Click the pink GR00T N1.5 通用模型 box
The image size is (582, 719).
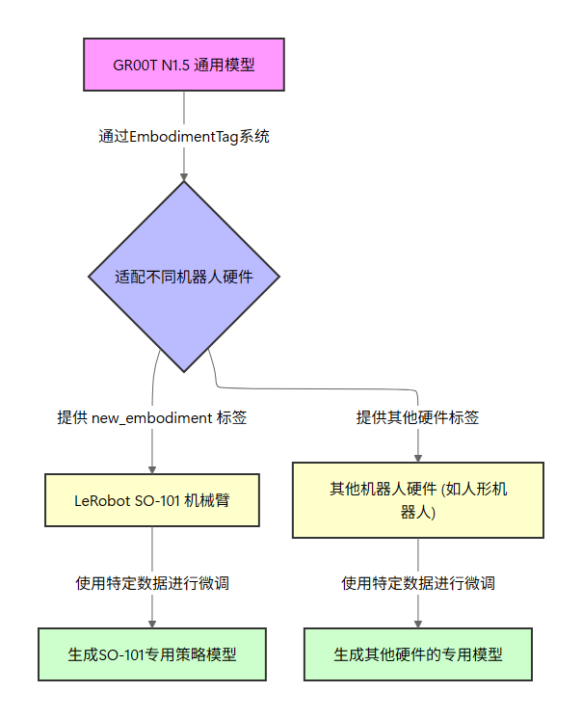183,65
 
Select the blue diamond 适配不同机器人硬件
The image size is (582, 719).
183,277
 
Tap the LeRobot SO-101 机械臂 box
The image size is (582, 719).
152,500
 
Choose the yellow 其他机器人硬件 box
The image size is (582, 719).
418,500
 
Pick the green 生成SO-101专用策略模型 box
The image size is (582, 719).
152,654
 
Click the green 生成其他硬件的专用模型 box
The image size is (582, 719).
418,654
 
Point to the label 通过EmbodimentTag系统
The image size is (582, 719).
183,136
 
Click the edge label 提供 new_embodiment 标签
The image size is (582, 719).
152,418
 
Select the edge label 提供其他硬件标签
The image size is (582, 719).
418,418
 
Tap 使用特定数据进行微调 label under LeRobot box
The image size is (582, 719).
152,583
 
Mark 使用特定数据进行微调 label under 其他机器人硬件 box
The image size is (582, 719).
418,583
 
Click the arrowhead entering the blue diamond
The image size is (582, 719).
183,175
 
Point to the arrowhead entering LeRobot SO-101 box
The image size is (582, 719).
152,467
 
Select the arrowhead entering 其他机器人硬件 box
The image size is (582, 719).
418,456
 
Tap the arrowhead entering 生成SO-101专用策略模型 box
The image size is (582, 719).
152,623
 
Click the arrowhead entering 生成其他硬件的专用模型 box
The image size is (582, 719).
418,623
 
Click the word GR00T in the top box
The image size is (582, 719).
132,65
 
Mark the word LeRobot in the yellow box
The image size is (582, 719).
103,500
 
